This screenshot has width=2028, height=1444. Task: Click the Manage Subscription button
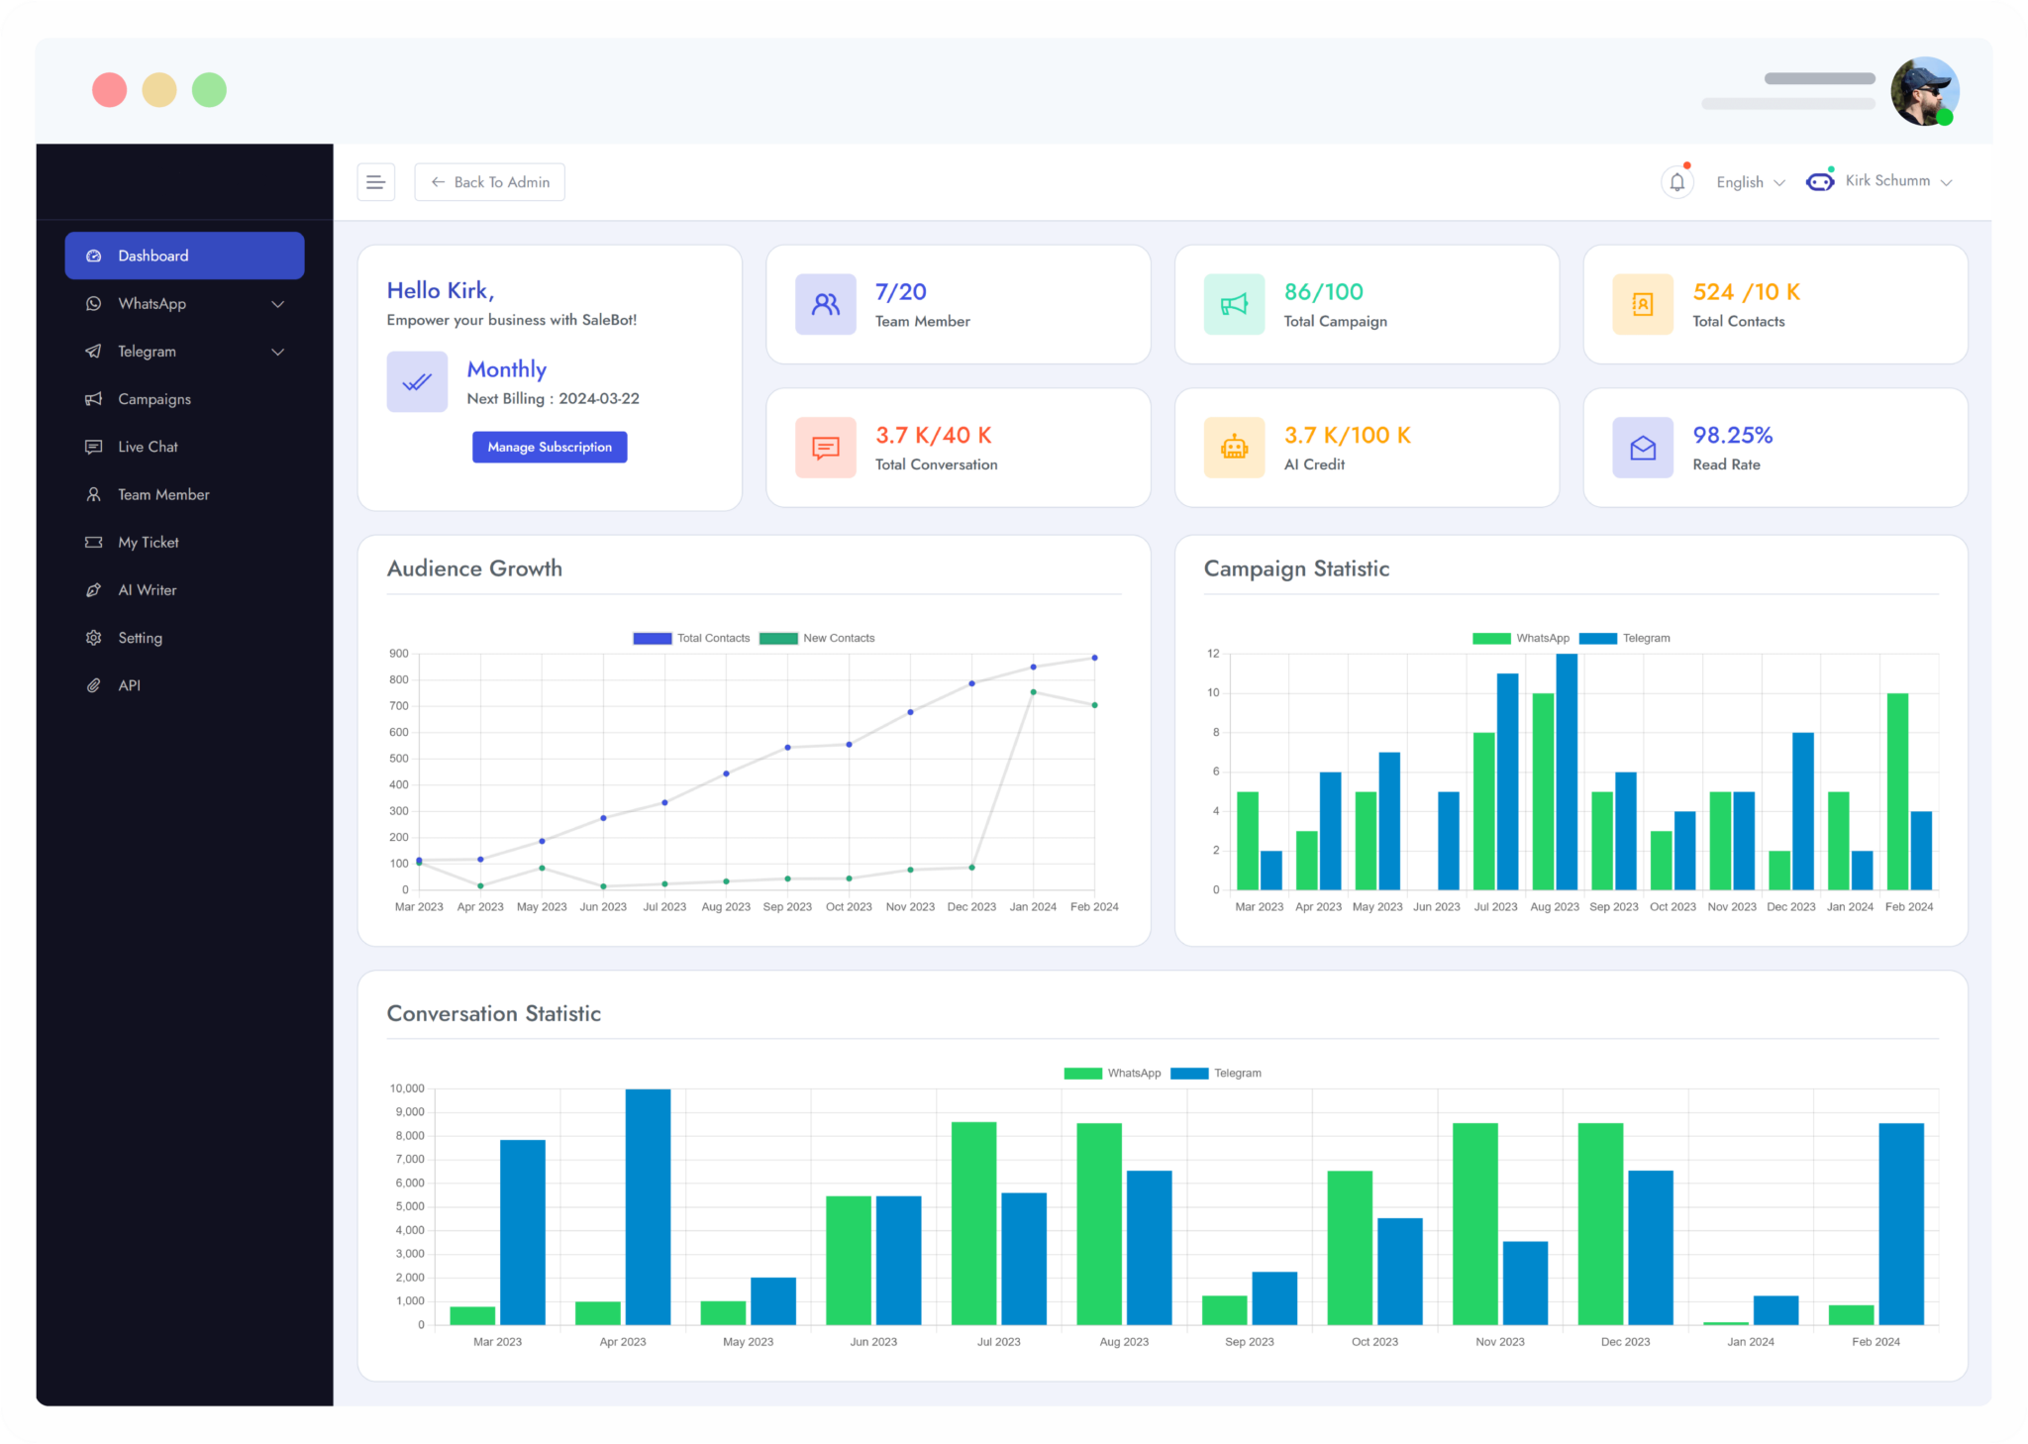tap(550, 447)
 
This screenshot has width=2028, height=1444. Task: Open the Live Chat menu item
tap(148, 447)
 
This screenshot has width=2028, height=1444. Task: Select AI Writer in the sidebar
tap(147, 590)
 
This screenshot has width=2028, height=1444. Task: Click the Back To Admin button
tap(489, 182)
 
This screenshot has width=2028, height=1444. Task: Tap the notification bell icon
tap(1676, 182)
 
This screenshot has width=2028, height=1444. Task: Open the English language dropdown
tap(1750, 182)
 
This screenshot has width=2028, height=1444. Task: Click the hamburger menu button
tap(376, 182)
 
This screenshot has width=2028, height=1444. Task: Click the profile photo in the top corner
tap(1924, 91)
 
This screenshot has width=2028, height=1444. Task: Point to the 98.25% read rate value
tap(1732, 435)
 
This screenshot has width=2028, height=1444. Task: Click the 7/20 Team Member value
tap(900, 292)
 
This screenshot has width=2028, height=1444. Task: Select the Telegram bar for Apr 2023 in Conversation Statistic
tap(648, 1207)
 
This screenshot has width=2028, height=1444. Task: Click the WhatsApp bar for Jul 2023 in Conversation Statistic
tap(973, 1223)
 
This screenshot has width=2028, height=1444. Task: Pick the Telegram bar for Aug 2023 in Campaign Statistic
tap(1567, 772)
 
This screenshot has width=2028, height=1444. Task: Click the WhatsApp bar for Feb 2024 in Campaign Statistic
tap(1897, 791)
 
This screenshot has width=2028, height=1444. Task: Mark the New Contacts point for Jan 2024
tap(1033, 692)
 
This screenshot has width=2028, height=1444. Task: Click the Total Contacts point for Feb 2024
tap(1094, 658)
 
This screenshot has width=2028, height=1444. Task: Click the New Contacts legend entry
tap(817, 639)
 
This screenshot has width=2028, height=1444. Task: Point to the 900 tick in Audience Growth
tap(399, 654)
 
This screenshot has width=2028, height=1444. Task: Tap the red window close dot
tap(110, 90)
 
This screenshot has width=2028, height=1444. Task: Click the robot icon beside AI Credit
tap(1234, 448)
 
